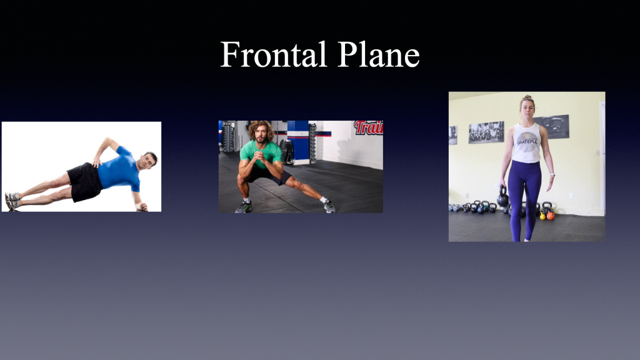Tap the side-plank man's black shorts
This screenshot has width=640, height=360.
pos(85,181)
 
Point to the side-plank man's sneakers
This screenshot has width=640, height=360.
pos(12,201)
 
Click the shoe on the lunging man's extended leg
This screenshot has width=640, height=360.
pos(329,206)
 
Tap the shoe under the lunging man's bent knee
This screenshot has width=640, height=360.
pos(244,207)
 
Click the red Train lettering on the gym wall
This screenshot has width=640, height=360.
pos(369,127)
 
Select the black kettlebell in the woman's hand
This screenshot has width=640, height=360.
pos(502,198)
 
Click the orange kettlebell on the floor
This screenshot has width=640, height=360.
pos(550,215)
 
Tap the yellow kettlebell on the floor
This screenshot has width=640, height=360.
pos(542,216)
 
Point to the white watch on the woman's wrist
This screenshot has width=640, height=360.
pos(552,175)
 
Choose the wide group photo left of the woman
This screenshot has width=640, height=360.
pos(486,132)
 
